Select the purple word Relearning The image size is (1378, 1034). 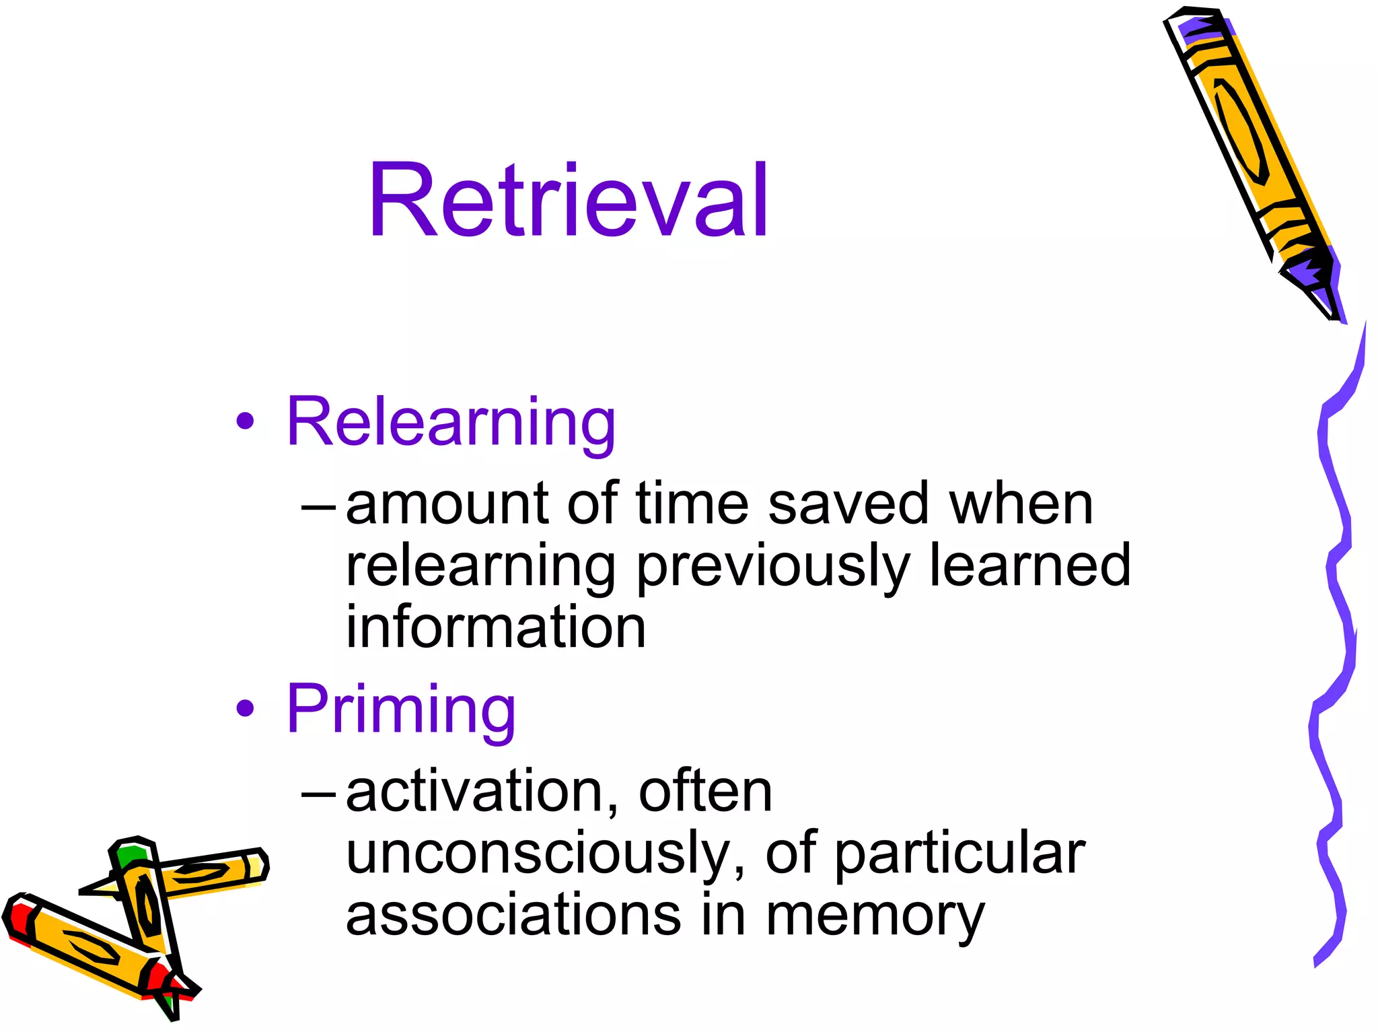(450, 422)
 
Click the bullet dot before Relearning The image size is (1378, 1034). (246, 422)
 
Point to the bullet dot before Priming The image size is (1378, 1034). (246, 708)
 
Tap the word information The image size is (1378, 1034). (496, 627)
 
